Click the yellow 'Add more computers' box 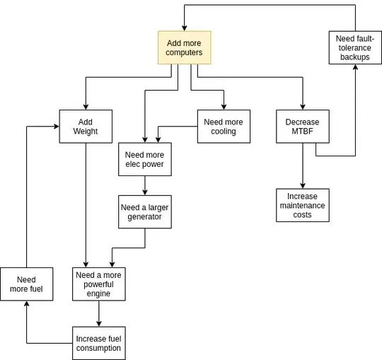click(184, 48)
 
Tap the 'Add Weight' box click(86, 127)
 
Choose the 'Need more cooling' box click(223, 127)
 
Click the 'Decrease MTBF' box click(303, 127)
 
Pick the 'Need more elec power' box click(144, 159)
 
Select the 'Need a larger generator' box click(145, 211)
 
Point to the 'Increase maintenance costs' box click(303, 205)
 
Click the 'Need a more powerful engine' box click(99, 284)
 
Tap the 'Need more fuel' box click(26, 284)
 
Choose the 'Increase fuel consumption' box click(99, 343)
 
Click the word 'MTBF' click(303, 132)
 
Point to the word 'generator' click(145, 217)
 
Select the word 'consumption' click(99, 348)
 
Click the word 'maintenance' click(303, 205)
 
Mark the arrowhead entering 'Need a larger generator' click(145, 192)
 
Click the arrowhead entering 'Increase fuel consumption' click(99, 323)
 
